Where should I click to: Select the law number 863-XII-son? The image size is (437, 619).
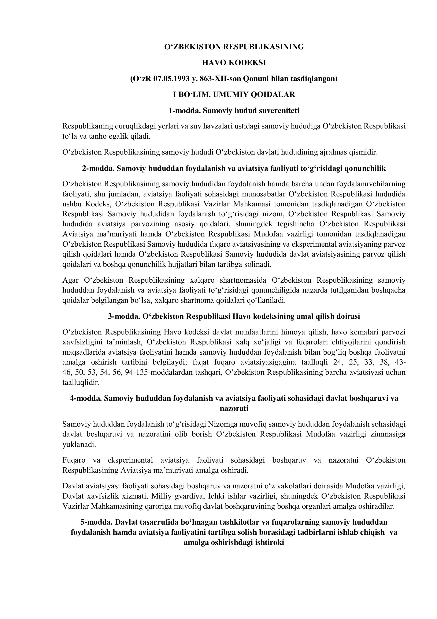(221, 79)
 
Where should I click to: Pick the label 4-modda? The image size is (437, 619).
(86, 398)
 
